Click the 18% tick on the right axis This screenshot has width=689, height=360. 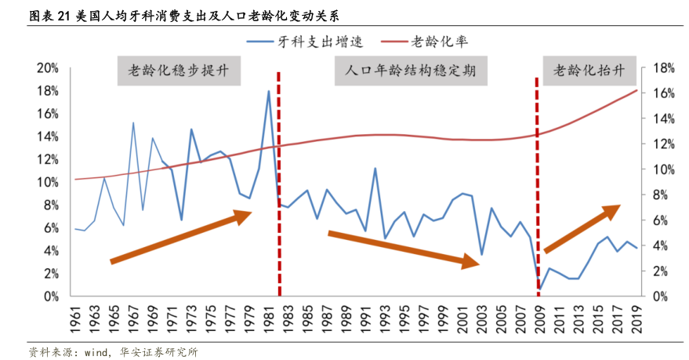click(x=656, y=68)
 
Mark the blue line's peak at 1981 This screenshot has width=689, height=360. click(x=269, y=91)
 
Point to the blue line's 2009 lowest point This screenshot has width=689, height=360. click(x=539, y=289)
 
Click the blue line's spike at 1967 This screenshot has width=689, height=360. click(x=133, y=123)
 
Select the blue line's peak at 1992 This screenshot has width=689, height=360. click(x=375, y=169)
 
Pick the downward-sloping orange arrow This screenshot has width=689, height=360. click(x=403, y=249)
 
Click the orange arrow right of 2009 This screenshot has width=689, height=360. click(x=582, y=228)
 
